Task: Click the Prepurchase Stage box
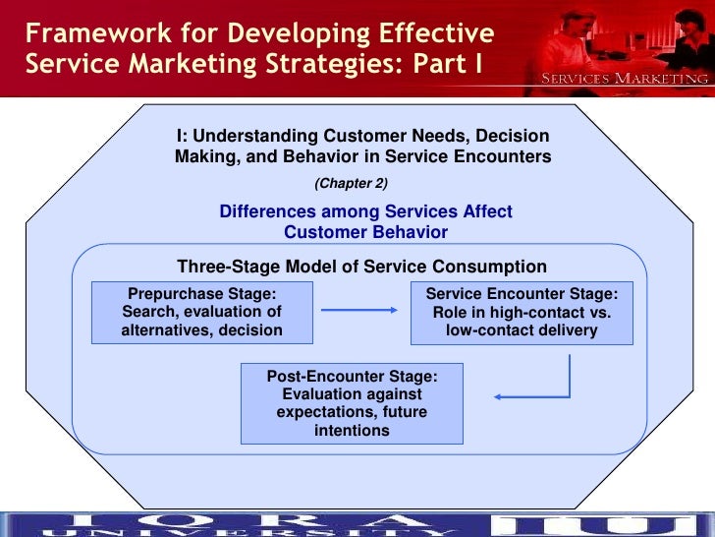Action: click(201, 312)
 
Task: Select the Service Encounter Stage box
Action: click(522, 312)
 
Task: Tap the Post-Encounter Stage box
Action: click(352, 403)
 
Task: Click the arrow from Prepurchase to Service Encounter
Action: click(359, 312)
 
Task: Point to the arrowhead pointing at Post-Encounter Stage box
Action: click(499, 397)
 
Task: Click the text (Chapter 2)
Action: click(352, 183)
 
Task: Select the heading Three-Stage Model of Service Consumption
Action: click(361, 267)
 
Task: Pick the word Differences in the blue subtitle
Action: click(267, 212)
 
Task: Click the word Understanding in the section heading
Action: click(255, 136)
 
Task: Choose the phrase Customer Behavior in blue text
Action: click(365, 232)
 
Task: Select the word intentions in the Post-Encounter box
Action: click(352, 431)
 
